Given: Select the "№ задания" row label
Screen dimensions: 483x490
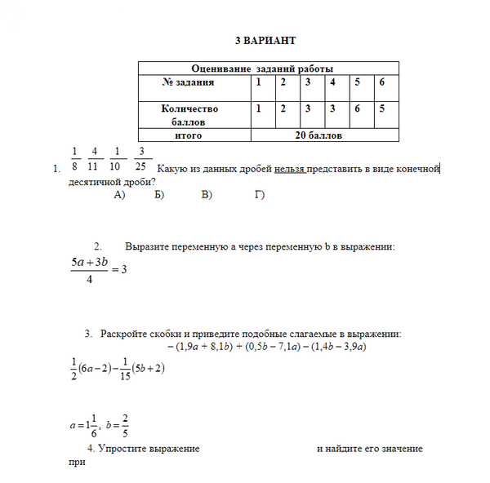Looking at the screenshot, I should pos(188,82).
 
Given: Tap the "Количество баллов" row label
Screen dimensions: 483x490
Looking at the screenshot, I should pos(189,114).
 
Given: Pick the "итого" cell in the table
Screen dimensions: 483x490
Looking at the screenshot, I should pos(189,135).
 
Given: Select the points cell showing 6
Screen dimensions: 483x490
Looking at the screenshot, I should pos(357,108).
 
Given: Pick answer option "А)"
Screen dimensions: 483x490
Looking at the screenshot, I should pos(119,194).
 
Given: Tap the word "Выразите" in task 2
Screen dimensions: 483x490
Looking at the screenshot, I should pos(146,246).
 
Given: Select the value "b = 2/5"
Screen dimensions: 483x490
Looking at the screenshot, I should pos(120,425).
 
